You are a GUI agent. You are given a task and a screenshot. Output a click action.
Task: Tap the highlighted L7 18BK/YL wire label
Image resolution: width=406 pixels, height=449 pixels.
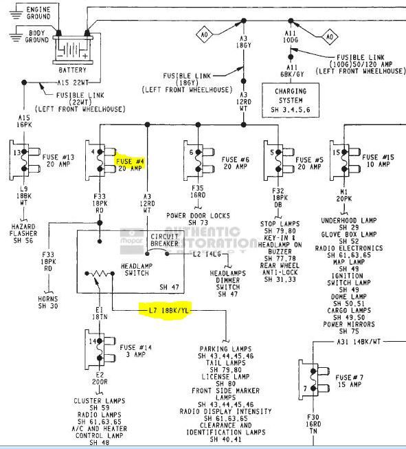pos(169,309)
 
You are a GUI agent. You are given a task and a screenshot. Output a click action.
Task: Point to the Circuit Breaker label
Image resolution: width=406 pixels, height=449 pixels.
pos(165,241)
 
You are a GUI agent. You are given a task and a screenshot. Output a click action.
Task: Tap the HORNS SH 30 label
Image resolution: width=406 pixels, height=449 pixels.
pos(48,302)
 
